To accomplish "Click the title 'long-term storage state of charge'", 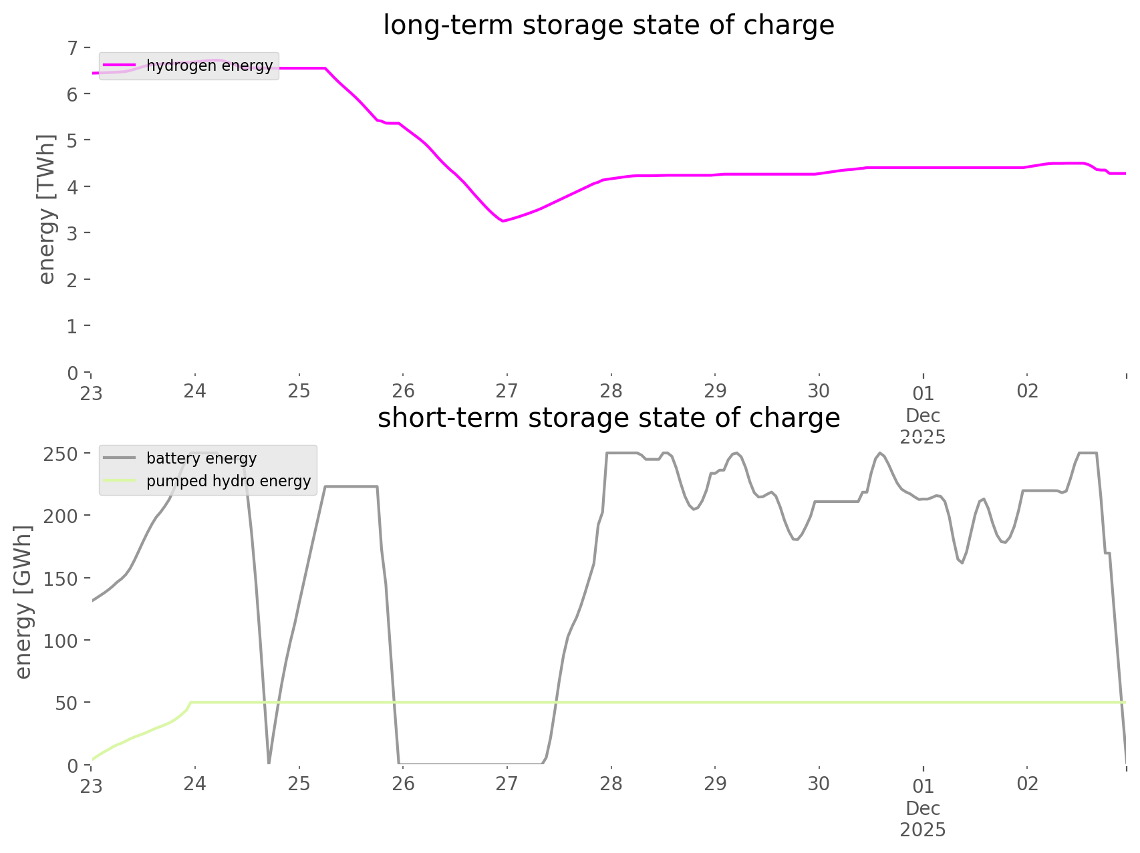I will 608,25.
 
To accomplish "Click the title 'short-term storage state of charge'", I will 608,418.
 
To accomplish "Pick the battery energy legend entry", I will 201,458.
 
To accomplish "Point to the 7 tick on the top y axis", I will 73,47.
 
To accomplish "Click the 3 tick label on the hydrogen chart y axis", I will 73,233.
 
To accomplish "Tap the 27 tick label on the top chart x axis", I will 507,391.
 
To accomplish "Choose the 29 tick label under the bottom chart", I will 715,784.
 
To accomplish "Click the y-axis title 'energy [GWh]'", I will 23,602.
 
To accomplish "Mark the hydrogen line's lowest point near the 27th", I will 503,221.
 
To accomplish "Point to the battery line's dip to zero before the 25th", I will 269,761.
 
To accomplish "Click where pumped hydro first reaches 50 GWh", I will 191,703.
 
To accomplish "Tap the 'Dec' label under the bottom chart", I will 923,809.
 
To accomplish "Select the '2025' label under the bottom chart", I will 923,830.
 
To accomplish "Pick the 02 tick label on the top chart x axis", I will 1027,391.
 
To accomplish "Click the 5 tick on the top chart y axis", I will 73,140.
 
